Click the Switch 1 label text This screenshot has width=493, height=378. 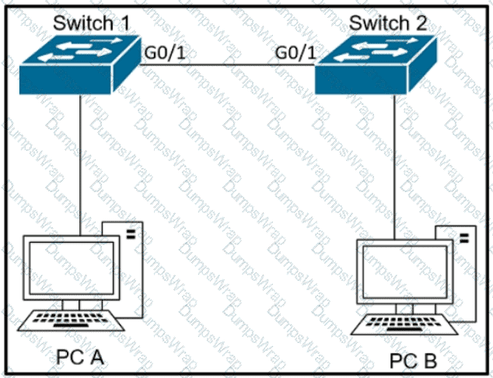[x=91, y=21]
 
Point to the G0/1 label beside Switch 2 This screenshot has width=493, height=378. [x=295, y=53]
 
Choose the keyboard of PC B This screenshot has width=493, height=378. [x=406, y=323]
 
